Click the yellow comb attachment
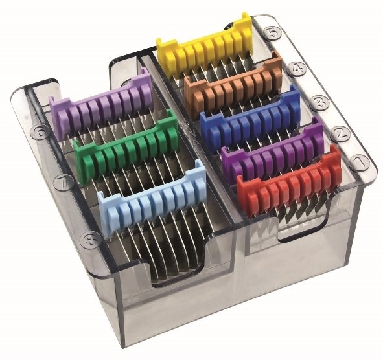coord(205,47)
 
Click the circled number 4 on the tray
coord(296,69)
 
